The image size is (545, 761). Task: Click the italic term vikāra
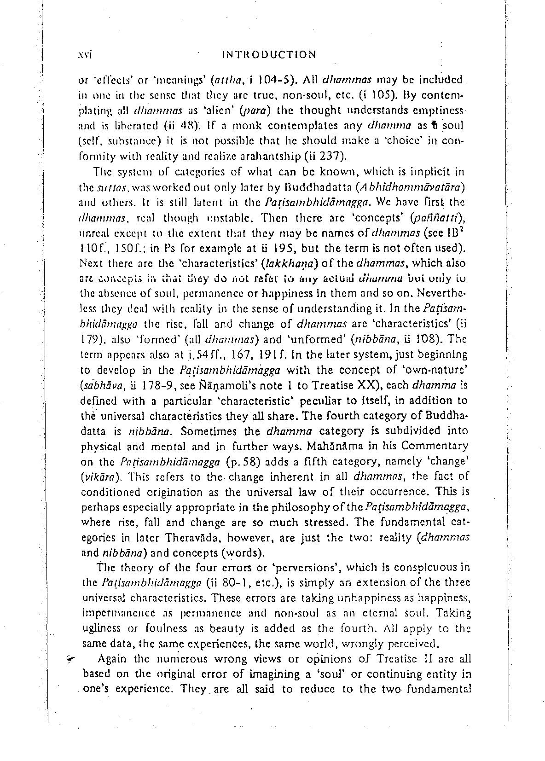tap(95, 476)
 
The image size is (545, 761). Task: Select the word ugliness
tap(102, 628)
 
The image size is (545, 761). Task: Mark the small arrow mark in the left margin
tap(70, 658)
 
